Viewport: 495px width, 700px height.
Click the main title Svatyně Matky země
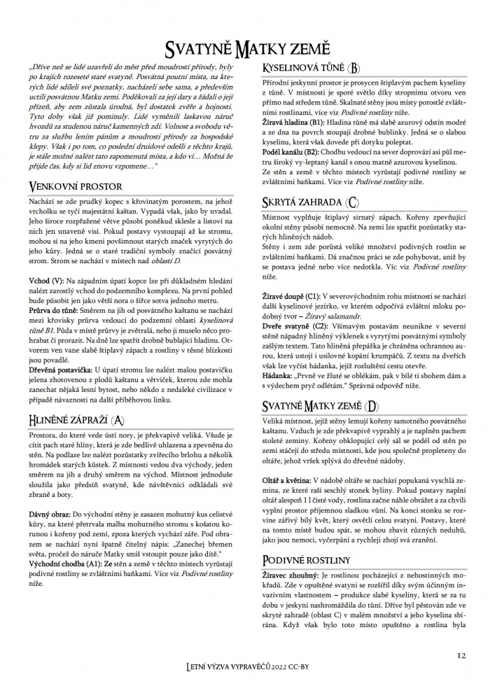248,48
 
